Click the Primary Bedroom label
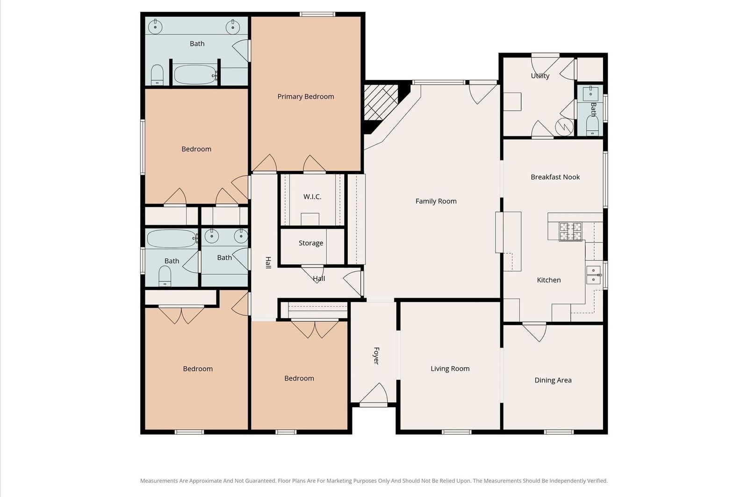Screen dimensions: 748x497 coord(306,97)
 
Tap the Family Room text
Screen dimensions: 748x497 coord(436,201)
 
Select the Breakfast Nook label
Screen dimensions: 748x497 coord(555,177)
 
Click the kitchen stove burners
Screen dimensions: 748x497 coord(570,232)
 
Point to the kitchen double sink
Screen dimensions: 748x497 coord(593,275)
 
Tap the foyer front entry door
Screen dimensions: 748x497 coord(374,394)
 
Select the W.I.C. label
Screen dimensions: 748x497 coord(312,197)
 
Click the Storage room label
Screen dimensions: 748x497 coord(310,243)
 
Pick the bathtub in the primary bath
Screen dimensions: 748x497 coord(195,75)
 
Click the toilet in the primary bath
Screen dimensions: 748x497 coord(157,75)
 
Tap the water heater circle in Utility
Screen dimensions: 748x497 coord(564,127)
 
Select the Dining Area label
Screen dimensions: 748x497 coord(553,380)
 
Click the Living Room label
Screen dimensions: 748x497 coord(450,369)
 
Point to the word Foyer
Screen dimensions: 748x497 coord(376,356)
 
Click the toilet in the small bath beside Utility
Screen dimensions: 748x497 coord(592,125)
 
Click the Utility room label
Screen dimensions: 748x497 coord(540,76)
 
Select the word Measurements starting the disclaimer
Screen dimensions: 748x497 coord(159,481)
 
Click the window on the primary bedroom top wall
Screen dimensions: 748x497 coord(317,14)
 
